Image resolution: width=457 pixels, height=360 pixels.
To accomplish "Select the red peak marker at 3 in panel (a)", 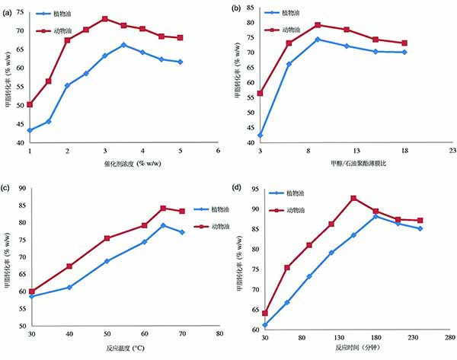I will pos(105,18).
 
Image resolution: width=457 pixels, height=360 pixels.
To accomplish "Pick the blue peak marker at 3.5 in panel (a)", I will pos(123,45).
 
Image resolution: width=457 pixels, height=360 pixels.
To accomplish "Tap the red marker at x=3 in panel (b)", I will pos(260,93).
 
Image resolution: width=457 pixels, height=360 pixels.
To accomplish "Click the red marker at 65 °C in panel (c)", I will pos(163,208).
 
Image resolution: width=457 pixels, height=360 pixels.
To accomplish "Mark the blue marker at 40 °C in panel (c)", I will pos(69,287).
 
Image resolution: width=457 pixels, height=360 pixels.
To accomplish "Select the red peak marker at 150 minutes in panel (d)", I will pos(354,198).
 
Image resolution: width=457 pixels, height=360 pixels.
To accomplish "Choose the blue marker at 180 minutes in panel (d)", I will pos(376,216).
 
